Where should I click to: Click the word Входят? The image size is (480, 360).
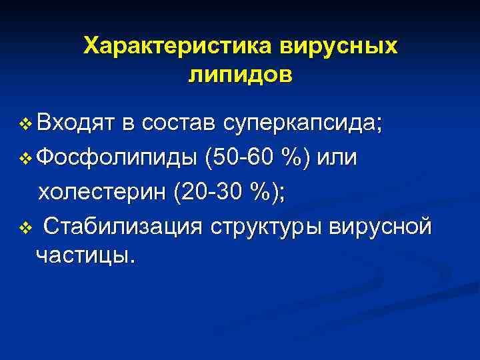pyautogui.click(x=77, y=124)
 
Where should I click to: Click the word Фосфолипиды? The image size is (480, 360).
pyautogui.click(x=117, y=159)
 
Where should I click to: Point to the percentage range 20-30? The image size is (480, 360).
pyautogui.click(x=213, y=193)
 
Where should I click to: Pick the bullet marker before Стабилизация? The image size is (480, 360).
pyautogui.click(x=26, y=229)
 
